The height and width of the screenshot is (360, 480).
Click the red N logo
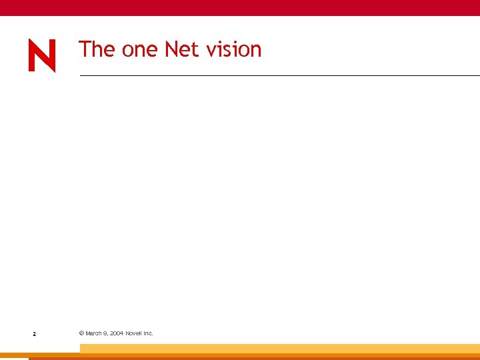coord(41,55)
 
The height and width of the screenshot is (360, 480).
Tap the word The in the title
coord(97,49)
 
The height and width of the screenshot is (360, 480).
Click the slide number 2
coord(34,333)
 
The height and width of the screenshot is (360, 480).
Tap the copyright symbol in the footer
coord(81,333)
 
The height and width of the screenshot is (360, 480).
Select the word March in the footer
coord(93,333)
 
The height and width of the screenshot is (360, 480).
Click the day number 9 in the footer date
coord(106,333)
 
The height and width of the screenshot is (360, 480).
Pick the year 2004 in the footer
coord(117,333)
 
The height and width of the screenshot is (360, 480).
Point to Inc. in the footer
coord(149,333)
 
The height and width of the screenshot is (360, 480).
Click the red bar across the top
coord(240,7)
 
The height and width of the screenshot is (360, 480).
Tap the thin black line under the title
coord(280,75)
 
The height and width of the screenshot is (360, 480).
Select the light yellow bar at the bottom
coord(280,348)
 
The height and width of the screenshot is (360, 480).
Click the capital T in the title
coord(84,49)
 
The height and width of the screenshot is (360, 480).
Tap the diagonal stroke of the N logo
coord(41,55)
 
